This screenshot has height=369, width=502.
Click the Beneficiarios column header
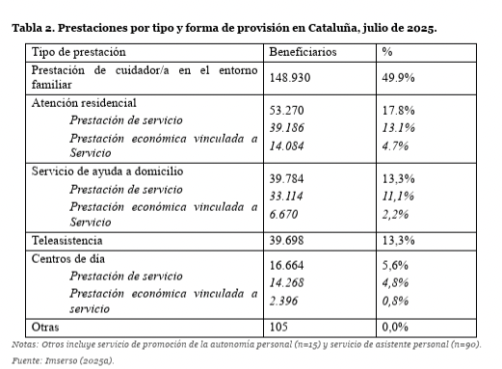(303, 52)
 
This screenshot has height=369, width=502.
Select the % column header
(387, 52)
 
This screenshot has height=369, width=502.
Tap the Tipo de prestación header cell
(79, 52)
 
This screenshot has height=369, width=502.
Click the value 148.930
(290, 78)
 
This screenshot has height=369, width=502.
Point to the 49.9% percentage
(398, 78)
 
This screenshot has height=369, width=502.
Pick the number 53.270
(286, 111)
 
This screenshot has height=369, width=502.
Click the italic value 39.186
(286, 128)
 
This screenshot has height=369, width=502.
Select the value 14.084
(286, 146)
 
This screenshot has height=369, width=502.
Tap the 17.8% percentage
(398, 111)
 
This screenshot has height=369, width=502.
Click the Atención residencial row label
(84, 103)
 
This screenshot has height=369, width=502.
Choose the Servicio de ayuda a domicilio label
(107, 171)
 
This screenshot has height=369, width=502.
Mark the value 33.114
(286, 196)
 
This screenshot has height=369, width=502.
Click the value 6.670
(283, 214)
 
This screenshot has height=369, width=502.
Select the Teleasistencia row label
(66, 241)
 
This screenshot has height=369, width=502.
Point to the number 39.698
(286, 241)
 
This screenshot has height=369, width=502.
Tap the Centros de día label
(68, 259)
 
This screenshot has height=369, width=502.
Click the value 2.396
(283, 301)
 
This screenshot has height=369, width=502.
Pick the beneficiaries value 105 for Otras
(278, 327)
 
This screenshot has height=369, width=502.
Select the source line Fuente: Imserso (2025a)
(63, 360)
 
